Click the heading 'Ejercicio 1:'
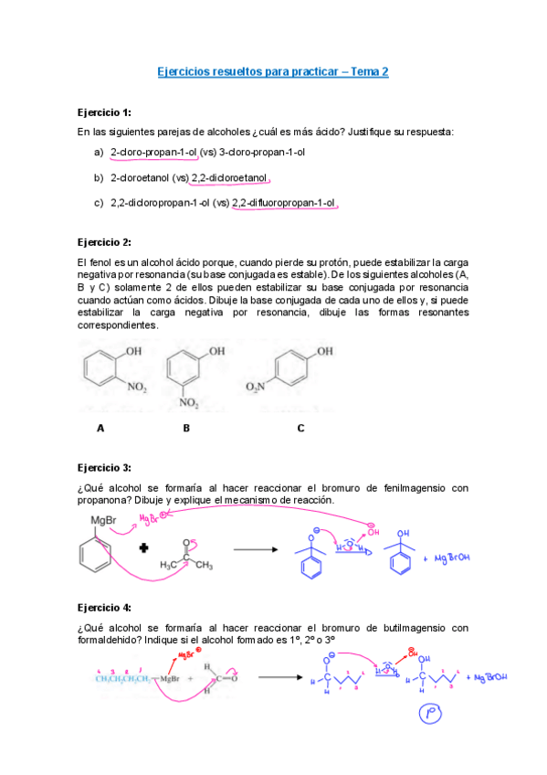(104, 112)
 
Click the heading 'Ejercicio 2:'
(104, 242)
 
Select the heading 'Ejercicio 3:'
(104, 467)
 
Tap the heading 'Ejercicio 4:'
(104, 607)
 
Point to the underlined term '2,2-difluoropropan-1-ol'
(284, 203)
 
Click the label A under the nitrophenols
(100, 427)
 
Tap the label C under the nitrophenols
(300, 427)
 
